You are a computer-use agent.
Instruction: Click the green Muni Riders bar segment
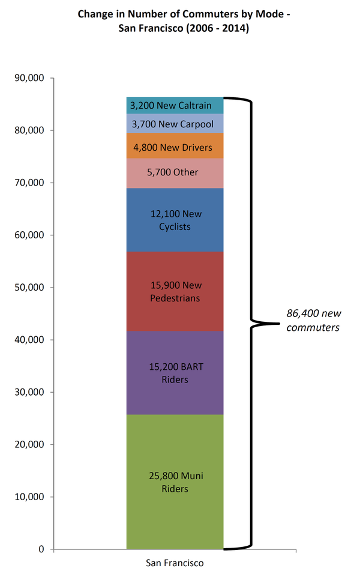coord(175,482)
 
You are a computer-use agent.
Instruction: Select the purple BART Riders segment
coord(175,373)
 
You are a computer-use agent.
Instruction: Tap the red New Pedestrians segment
coord(175,291)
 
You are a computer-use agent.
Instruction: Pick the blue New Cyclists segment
coord(175,220)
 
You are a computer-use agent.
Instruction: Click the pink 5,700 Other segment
coord(175,173)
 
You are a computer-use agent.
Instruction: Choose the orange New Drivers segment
coord(175,146)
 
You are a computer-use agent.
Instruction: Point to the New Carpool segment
coord(175,124)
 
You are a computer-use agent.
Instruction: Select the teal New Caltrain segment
coord(175,106)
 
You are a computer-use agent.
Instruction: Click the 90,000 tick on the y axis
coord(30,78)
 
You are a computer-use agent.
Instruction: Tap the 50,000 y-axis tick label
coord(30,288)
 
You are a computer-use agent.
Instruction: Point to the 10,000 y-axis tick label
coord(30,497)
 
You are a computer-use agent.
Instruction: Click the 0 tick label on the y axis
coord(41,549)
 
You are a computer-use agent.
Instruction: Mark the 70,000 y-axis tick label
coord(30,183)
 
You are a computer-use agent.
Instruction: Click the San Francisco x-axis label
coord(175,564)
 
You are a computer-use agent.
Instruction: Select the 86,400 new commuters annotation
coord(313,321)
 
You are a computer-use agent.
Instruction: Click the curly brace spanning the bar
coord(252,324)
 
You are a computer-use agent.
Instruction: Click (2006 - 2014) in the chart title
coord(219,28)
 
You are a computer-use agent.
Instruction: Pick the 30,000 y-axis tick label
coord(30,392)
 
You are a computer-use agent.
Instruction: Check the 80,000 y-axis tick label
coord(30,130)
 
